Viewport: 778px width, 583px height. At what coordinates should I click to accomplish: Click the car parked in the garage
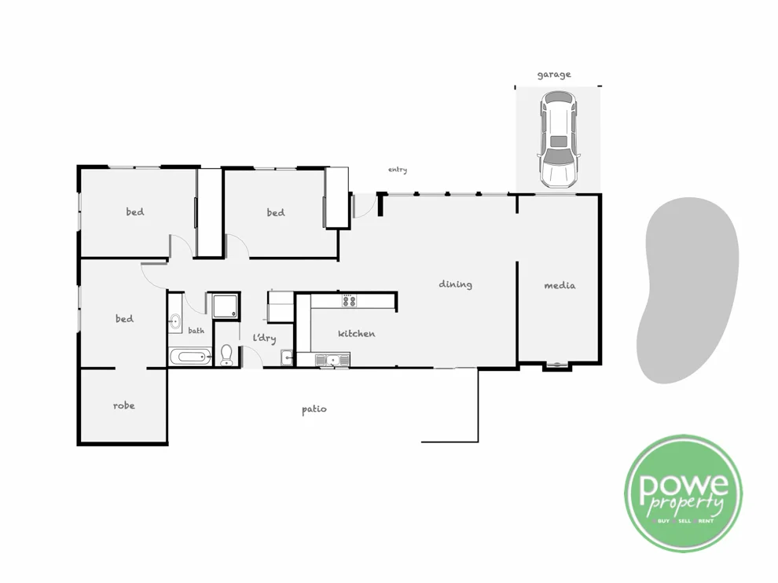tap(557, 140)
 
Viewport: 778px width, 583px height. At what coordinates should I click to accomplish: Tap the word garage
tap(554, 75)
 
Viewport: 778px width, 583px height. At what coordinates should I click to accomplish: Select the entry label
tap(398, 170)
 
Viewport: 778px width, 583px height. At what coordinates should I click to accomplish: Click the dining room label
tap(455, 284)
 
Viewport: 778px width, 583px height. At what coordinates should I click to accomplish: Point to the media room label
tap(560, 285)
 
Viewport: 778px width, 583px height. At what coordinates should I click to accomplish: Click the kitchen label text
tap(356, 334)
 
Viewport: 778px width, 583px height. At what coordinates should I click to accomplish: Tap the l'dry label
tap(264, 338)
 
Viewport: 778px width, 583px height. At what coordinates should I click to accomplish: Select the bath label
tap(196, 331)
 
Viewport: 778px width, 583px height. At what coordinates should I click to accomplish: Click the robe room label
tap(123, 405)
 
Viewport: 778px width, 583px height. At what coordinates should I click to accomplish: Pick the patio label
tap(314, 409)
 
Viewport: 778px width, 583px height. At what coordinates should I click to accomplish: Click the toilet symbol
tap(227, 354)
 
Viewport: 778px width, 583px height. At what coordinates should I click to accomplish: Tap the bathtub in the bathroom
tap(191, 357)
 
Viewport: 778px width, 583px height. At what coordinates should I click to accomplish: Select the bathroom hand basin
tap(175, 321)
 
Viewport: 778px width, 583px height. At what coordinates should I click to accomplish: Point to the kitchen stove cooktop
tap(348, 300)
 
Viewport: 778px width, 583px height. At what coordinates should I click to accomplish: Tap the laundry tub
tap(288, 358)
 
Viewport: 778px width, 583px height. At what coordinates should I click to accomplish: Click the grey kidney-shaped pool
tap(690, 291)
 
